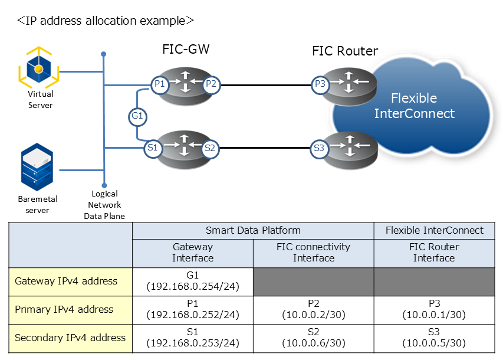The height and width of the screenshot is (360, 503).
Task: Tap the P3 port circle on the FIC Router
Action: tap(320, 84)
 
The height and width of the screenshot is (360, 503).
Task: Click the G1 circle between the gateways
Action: tap(137, 117)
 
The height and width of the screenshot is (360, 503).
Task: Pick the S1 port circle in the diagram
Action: tap(152, 149)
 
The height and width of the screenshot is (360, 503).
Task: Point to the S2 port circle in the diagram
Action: tap(210, 149)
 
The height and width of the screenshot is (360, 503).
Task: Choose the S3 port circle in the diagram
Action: tap(319, 149)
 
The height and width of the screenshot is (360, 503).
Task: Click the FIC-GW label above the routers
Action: tap(186, 50)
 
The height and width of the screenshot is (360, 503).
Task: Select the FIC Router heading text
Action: tap(345, 51)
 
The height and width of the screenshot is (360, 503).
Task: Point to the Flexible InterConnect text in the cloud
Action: tap(414, 106)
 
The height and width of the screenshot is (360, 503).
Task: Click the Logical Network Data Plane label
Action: tap(104, 205)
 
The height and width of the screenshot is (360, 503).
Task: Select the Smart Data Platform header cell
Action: tap(253, 231)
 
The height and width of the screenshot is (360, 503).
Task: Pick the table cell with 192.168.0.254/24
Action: tap(193, 281)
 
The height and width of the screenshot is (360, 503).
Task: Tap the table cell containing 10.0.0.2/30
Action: tap(313, 309)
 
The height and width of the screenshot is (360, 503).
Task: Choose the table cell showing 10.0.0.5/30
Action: tap(434, 338)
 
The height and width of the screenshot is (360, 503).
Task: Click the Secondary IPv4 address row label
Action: tap(70, 338)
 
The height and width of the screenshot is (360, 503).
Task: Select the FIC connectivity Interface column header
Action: tap(313, 253)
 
